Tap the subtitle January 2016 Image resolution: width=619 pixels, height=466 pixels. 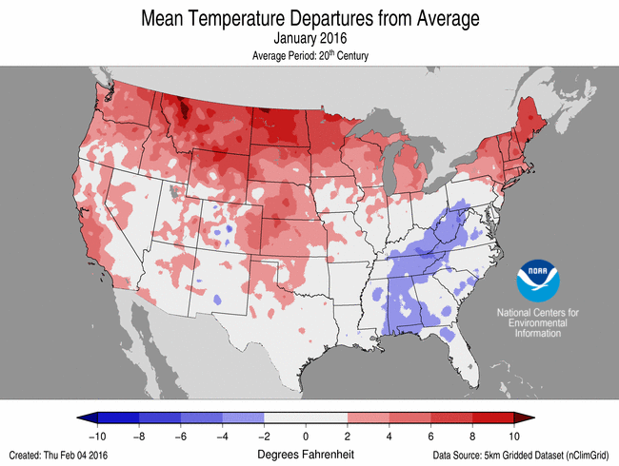tap(309, 39)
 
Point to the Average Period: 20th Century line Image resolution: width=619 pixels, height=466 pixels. tap(309, 56)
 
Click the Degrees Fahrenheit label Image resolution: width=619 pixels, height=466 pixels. tap(307, 454)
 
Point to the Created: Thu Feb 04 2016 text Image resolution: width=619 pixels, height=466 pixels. tap(59, 455)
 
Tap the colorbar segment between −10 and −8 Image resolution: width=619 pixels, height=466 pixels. tap(118, 417)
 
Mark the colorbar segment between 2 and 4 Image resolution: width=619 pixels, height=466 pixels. tap(369, 417)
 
